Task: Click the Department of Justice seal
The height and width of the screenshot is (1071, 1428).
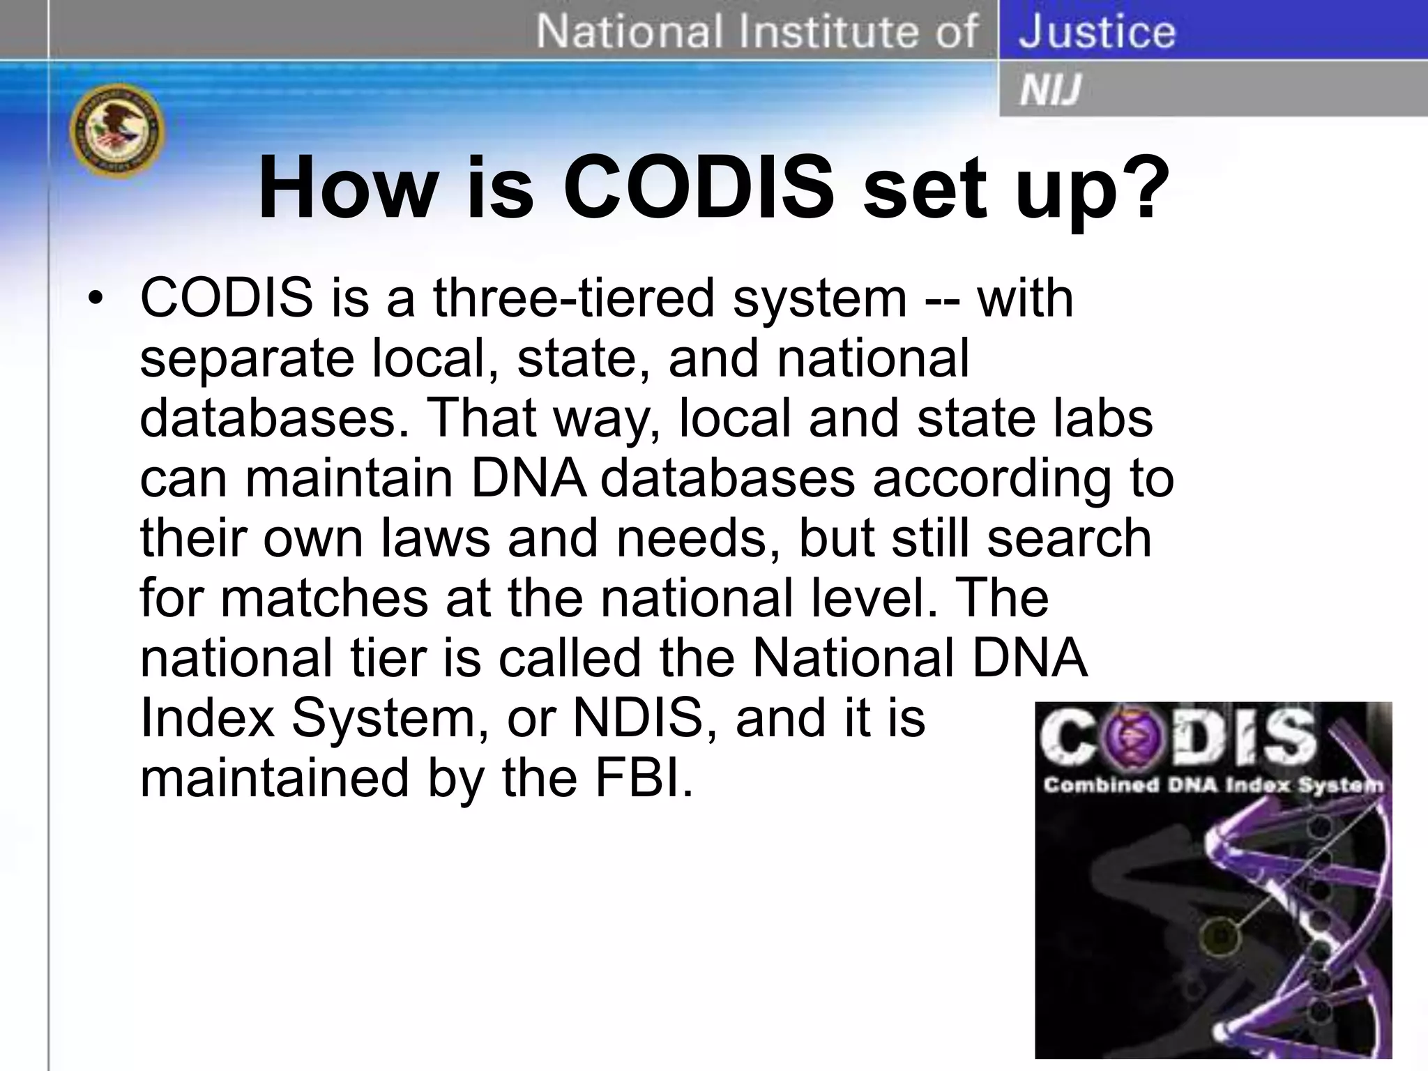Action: pos(117,133)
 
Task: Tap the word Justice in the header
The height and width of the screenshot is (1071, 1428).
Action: pos(1097,32)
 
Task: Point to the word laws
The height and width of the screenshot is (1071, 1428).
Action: pos(436,538)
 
